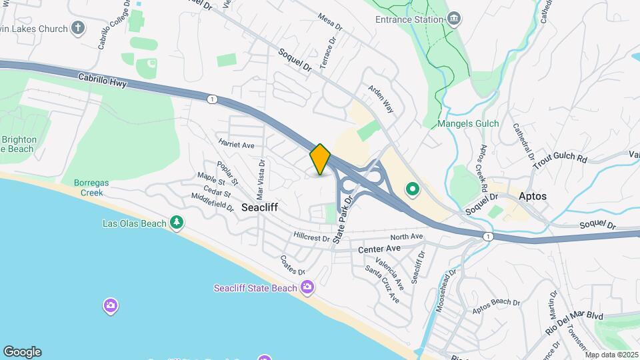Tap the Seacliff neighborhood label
point(259,207)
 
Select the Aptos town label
point(533,197)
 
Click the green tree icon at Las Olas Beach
point(177,223)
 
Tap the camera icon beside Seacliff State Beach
point(307,287)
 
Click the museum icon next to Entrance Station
point(455,19)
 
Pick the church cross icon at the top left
point(79,28)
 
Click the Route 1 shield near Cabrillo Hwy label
point(211,99)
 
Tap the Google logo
point(22,352)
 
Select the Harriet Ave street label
point(236,143)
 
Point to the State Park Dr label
point(342,224)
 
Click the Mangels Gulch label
point(465,123)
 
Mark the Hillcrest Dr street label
point(312,237)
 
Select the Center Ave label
point(379,249)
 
